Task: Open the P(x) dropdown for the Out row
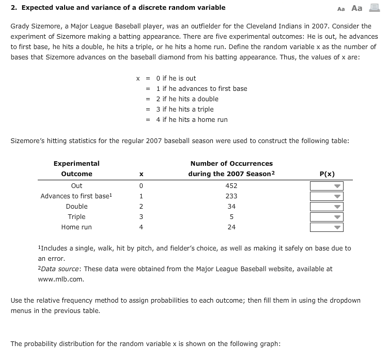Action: [x=327, y=186]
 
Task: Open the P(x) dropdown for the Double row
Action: [x=327, y=207]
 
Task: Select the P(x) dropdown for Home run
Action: [x=327, y=227]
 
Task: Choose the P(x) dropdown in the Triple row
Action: [x=327, y=217]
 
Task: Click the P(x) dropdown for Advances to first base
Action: [x=327, y=196]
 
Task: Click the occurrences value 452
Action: [x=231, y=186]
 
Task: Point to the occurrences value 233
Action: [x=231, y=196]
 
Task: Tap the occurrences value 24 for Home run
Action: [x=231, y=227]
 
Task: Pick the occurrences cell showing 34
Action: [x=231, y=207]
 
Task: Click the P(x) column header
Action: [x=327, y=174]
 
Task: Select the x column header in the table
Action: [x=141, y=174]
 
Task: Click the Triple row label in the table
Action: [x=76, y=217]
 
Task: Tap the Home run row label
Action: [x=76, y=227]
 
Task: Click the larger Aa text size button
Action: [x=357, y=8]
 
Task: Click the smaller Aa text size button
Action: [x=340, y=9]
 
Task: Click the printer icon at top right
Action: [x=374, y=8]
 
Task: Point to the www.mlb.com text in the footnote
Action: [x=60, y=279]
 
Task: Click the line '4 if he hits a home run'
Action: [x=192, y=120]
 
